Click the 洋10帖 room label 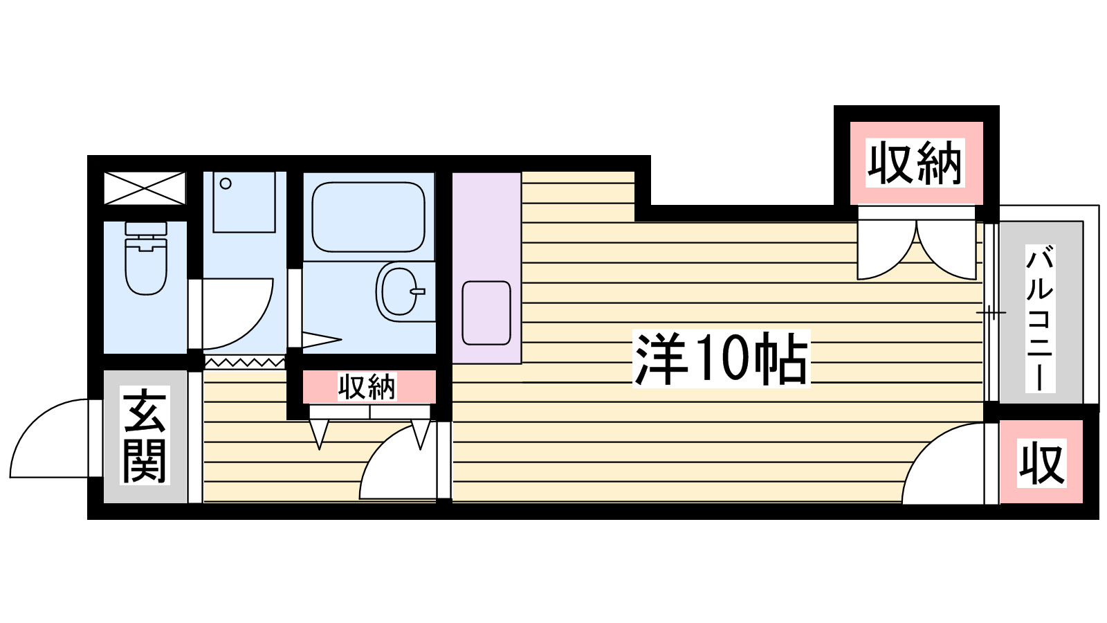[x=721, y=359]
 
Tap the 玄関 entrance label [x=145, y=436]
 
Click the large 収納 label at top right [x=915, y=163]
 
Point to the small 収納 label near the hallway [x=367, y=387]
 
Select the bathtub [x=368, y=217]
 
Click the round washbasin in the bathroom [x=400, y=291]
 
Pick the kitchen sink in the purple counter [x=486, y=313]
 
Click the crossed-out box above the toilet [x=145, y=188]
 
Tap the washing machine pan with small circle [x=244, y=201]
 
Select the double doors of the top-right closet [x=917, y=249]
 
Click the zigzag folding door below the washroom [x=244, y=362]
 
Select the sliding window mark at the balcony [x=991, y=313]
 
